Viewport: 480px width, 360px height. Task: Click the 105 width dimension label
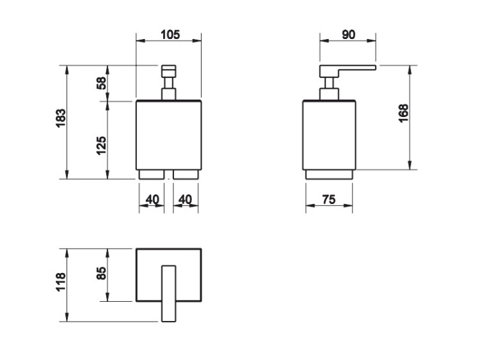170,35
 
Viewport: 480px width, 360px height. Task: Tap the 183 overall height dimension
61,118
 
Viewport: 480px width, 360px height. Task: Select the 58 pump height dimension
101,83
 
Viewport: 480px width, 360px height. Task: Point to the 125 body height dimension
101,146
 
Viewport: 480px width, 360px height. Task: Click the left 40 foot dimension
152,200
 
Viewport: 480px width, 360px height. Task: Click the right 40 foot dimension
185,200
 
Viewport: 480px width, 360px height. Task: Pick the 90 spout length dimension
348,35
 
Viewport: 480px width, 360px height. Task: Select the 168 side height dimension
403,113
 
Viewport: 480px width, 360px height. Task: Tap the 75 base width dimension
329,200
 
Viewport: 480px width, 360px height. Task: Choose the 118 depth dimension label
61,282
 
